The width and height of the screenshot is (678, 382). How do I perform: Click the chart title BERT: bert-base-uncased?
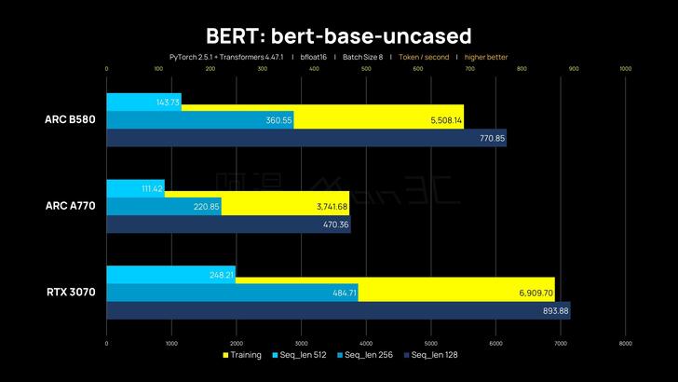tap(339, 35)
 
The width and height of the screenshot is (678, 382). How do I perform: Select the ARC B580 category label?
tap(69, 119)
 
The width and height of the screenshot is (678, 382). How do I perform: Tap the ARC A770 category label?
tap(69, 206)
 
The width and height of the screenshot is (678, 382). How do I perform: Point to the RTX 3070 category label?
tap(69, 292)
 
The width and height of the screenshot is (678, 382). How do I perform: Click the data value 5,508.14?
tap(446, 120)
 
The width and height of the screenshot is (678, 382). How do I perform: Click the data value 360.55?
tap(278, 120)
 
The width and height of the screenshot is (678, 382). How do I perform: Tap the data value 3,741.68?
tap(332, 206)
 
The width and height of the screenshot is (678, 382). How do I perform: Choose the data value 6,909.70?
tap(537, 293)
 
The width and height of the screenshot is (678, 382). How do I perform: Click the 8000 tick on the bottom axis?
tap(625, 344)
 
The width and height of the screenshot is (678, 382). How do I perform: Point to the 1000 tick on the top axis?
tap(625, 68)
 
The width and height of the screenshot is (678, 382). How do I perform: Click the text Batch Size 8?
tap(362, 57)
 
